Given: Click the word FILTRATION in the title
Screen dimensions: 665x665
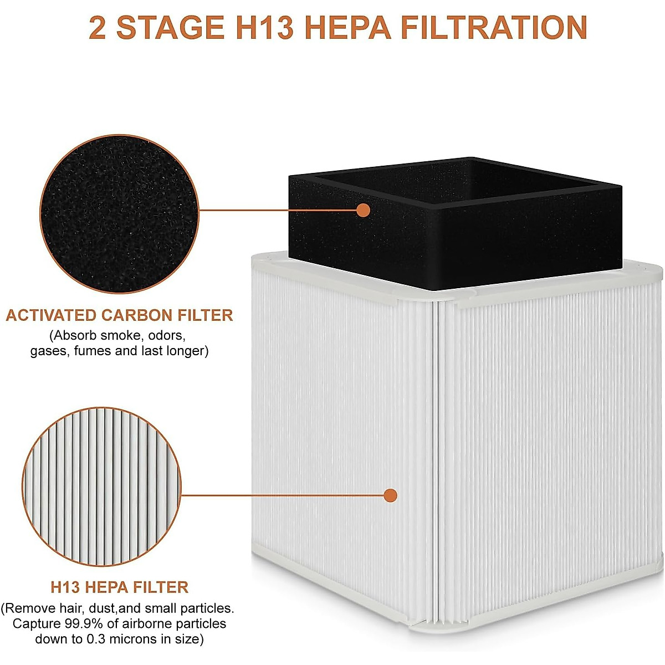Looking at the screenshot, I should click(x=493, y=28).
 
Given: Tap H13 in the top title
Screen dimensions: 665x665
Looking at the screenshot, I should click(x=263, y=28).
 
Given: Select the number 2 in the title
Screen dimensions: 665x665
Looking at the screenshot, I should click(x=98, y=28).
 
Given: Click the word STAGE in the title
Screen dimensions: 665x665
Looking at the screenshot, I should click(x=170, y=28).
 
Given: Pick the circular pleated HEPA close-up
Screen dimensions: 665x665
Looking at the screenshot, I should click(x=103, y=486).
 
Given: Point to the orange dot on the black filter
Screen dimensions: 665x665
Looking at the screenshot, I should click(x=363, y=210).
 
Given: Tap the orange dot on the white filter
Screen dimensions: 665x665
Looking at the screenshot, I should click(x=391, y=495).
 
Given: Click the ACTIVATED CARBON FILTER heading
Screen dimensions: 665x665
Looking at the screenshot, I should click(x=119, y=315).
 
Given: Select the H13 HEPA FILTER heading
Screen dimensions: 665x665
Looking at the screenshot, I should click(x=119, y=587).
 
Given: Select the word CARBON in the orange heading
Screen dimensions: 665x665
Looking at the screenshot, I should click(x=137, y=315).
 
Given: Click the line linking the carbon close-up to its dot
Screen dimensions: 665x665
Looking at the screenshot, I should click(x=277, y=210).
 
